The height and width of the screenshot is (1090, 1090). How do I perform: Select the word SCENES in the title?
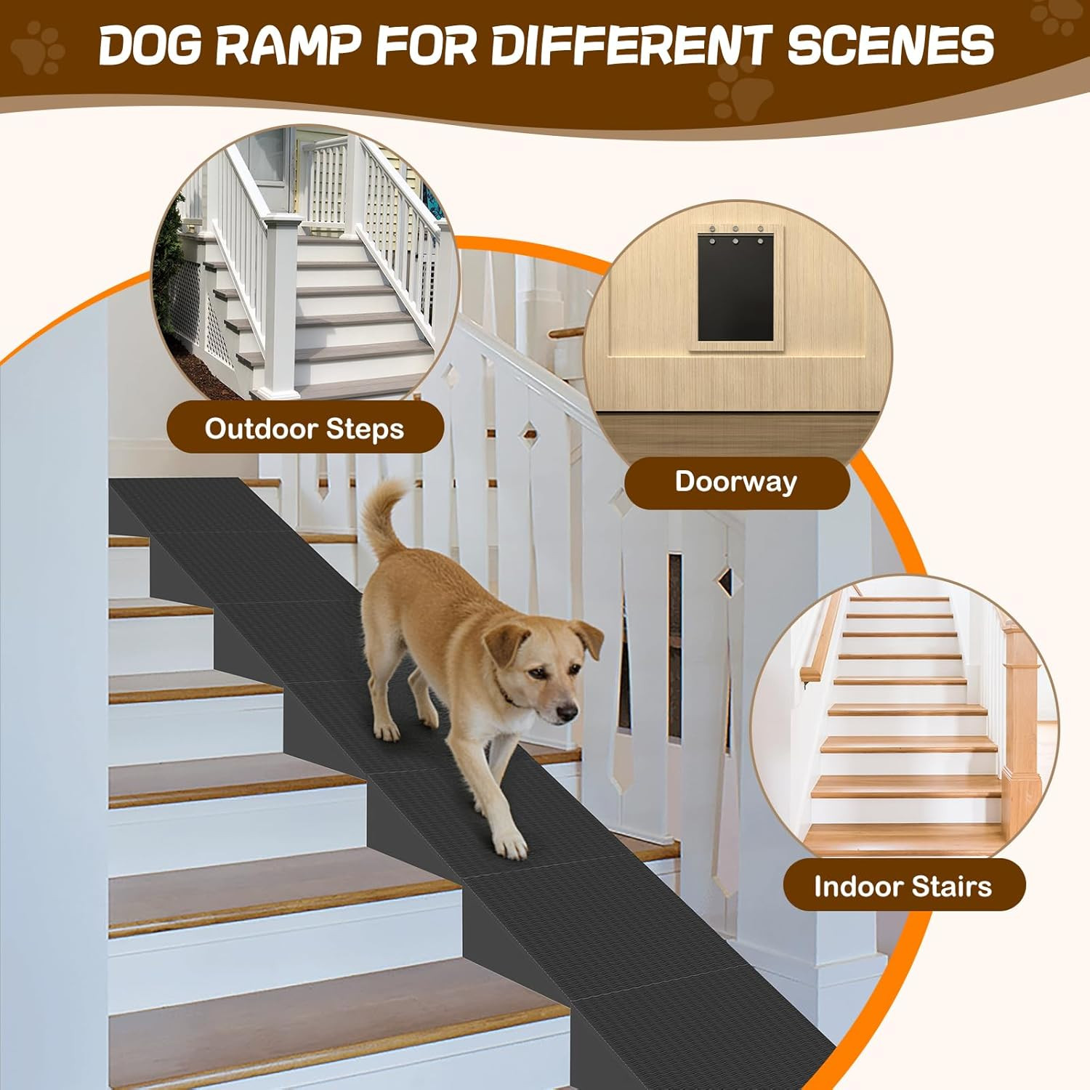pyautogui.click(x=891, y=44)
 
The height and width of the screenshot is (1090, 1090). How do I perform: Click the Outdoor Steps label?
pyautogui.click(x=304, y=429)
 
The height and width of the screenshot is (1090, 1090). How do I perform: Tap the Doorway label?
pyautogui.click(x=736, y=482)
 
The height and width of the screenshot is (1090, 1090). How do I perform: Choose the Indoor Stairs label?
pyautogui.click(x=903, y=887)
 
